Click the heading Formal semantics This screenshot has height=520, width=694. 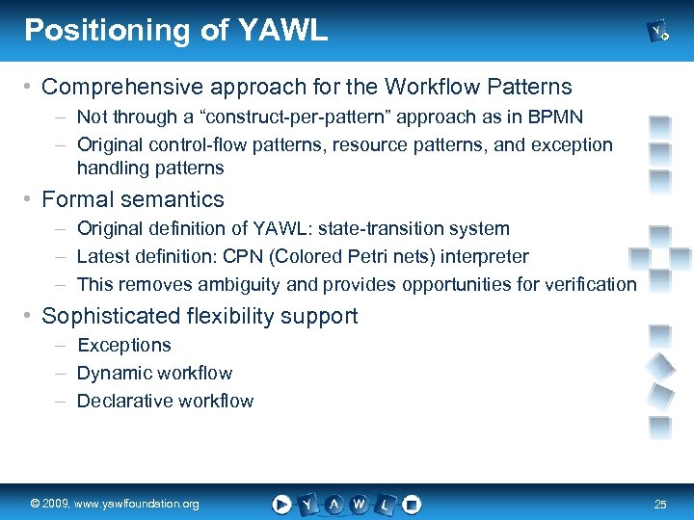(x=133, y=199)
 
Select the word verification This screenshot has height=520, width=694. (x=591, y=284)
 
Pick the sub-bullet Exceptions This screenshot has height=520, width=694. (x=123, y=345)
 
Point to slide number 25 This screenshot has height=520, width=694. (x=660, y=505)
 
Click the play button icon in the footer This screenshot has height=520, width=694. (x=281, y=504)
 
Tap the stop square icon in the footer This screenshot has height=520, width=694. (x=412, y=504)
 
